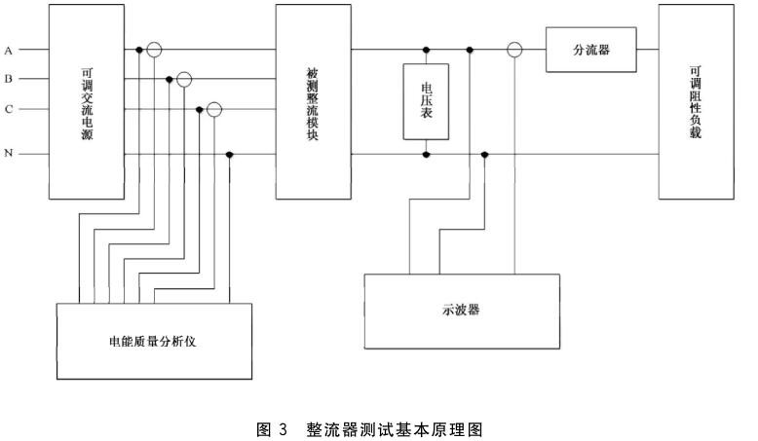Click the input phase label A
click(x=8, y=49)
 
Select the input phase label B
click(x=8, y=79)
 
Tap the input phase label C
click(x=8, y=110)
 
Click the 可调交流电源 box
click(x=87, y=101)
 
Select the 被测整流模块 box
click(x=313, y=101)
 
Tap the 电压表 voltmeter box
click(x=426, y=101)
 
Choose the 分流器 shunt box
click(x=591, y=49)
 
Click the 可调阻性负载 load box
click(x=694, y=101)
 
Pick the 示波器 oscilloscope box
click(x=462, y=310)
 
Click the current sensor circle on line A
click(x=155, y=49)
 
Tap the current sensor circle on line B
click(x=185, y=79)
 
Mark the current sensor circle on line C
click(x=215, y=110)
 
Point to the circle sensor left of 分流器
click(x=514, y=49)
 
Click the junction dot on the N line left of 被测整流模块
click(x=230, y=155)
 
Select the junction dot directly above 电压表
click(x=426, y=49)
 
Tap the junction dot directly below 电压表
click(x=426, y=155)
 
